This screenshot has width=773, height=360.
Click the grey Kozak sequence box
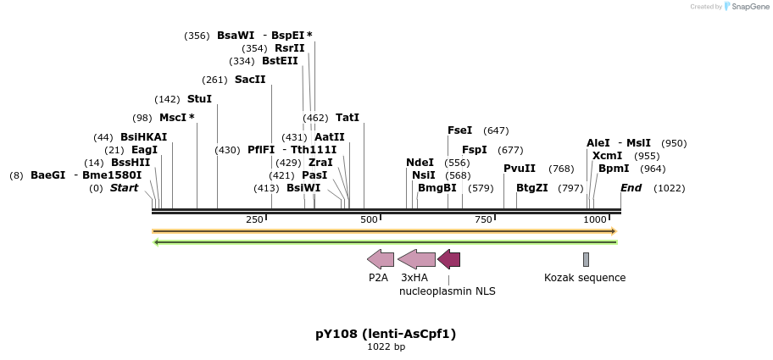coord(586,259)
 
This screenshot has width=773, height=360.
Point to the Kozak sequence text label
coord(585,278)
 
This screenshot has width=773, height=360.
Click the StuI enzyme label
coord(199,99)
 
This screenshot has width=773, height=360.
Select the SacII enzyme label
coord(250,80)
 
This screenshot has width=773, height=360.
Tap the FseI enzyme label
coord(460,130)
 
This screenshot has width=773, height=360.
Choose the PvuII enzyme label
coord(520,169)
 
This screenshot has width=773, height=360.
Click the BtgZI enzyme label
coord(531,188)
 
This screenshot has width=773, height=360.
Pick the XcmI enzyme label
coord(607,156)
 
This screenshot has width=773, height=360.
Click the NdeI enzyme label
coord(420,163)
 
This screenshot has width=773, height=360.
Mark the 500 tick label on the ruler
coord(369,220)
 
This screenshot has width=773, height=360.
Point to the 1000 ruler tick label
coord(595,220)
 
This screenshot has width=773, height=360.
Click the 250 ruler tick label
coord(254,220)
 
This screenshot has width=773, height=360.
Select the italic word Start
coord(124,188)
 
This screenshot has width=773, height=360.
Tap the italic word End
coord(631,188)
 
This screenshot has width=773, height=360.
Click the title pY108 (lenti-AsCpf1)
coord(386,334)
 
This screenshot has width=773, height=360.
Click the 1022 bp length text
coord(386,347)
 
